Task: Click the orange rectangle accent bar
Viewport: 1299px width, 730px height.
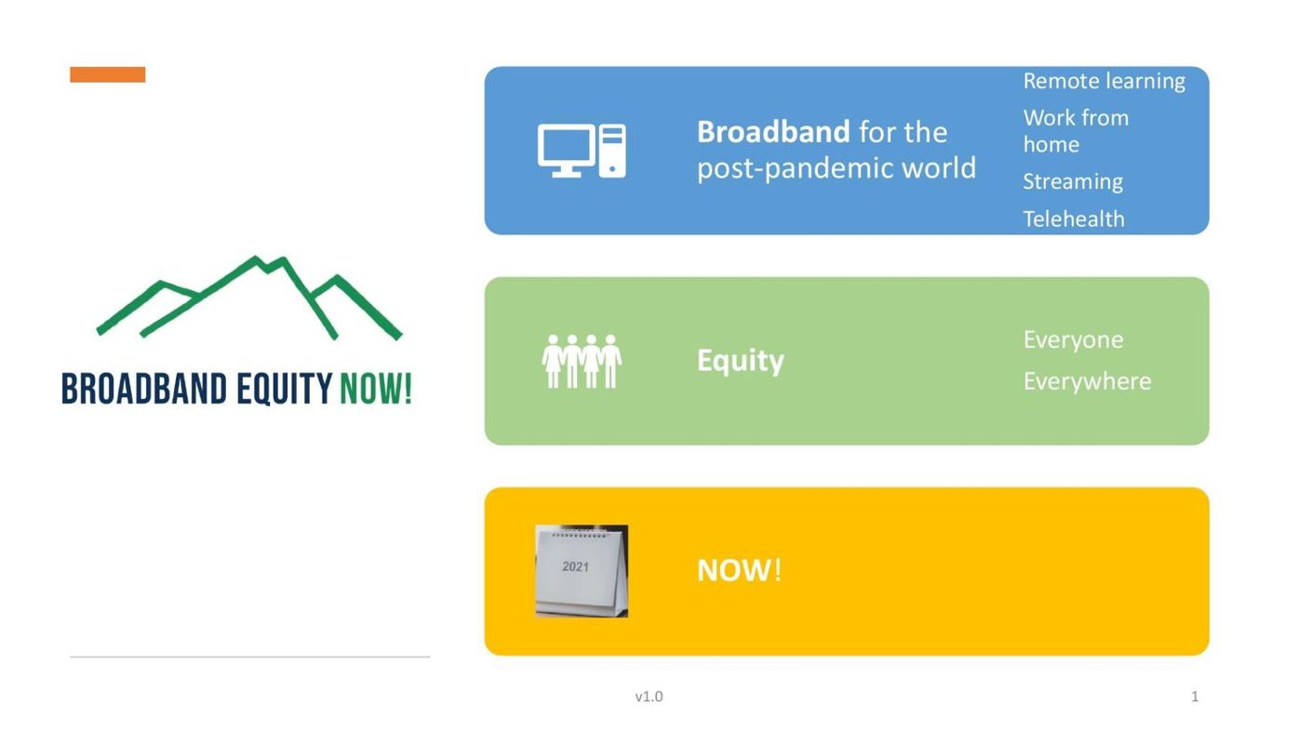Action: (x=107, y=74)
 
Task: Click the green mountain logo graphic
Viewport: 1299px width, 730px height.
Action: (x=249, y=296)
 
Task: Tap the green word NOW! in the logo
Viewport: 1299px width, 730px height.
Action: (x=375, y=389)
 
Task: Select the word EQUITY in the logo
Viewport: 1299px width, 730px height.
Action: (x=284, y=389)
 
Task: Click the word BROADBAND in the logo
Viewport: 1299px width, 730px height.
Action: (x=144, y=389)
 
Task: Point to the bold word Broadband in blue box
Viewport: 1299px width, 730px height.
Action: (x=773, y=132)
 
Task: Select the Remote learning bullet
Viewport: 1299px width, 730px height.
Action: (x=1104, y=81)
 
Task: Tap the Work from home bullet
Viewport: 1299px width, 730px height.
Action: (x=1075, y=131)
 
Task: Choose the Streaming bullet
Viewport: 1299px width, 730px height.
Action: (x=1073, y=181)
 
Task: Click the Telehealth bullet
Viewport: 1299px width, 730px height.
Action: (x=1074, y=219)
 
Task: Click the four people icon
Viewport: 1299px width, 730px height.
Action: (x=582, y=361)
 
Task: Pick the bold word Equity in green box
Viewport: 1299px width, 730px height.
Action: (x=741, y=360)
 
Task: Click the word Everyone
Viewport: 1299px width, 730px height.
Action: (x=1073, y=339)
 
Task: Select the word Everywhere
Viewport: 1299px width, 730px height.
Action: (x=1087, y=381)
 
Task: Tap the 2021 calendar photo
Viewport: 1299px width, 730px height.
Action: (x=582, y=571)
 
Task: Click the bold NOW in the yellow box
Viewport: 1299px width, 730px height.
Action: (x=734, y=570)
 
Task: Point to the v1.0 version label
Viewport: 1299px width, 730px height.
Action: (x=649, y=697)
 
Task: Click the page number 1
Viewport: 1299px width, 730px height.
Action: (x=1195, y=697)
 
